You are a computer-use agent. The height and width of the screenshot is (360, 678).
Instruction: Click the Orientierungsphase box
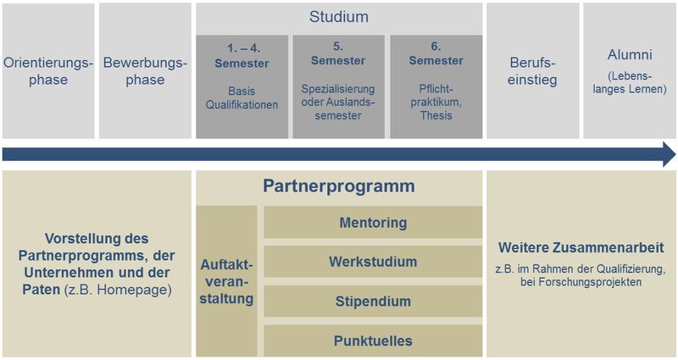click(x=48, y=71)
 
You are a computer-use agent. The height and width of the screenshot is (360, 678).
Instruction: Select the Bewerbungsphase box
click(x=145, y=71)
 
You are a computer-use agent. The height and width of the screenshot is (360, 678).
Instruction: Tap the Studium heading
click(x=339, y=17)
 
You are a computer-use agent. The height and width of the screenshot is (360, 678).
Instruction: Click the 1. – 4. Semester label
click(x=242, y=56)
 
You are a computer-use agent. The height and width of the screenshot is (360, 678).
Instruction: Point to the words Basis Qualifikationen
click(x=242, y=98)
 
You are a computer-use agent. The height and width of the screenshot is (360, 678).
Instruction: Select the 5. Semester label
click(x=338, y=53)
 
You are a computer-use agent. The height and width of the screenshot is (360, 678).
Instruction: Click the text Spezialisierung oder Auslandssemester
click(x=338, y=102)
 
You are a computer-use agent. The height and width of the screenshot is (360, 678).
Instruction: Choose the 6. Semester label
click(x=436, y=53)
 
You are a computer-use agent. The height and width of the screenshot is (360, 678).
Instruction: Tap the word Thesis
click(x=436, y=116)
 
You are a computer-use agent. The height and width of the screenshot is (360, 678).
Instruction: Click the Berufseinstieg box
click(x=533, y=71)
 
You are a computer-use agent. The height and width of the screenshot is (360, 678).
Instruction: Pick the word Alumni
click(x=630, y=55)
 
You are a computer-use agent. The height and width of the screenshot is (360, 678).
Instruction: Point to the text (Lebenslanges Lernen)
click(x=630, y=82)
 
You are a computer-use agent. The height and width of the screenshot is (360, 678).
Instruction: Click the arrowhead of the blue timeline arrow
click(x=670, y=154)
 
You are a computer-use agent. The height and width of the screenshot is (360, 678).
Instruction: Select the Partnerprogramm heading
click(x=339, y=186)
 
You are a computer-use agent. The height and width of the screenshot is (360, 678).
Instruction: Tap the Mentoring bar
click(x=373, y=222)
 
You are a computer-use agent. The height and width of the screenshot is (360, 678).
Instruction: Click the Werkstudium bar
click(x=373, y=262)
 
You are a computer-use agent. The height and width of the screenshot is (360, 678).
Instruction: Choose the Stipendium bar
click(x=373, y=302)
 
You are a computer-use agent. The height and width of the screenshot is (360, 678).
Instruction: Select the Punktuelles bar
click(x=373, y=341)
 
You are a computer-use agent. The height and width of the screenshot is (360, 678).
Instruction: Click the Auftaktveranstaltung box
click(x=226, y=281)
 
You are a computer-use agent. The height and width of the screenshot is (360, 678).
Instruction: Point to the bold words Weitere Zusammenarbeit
click(x=581, y=247)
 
